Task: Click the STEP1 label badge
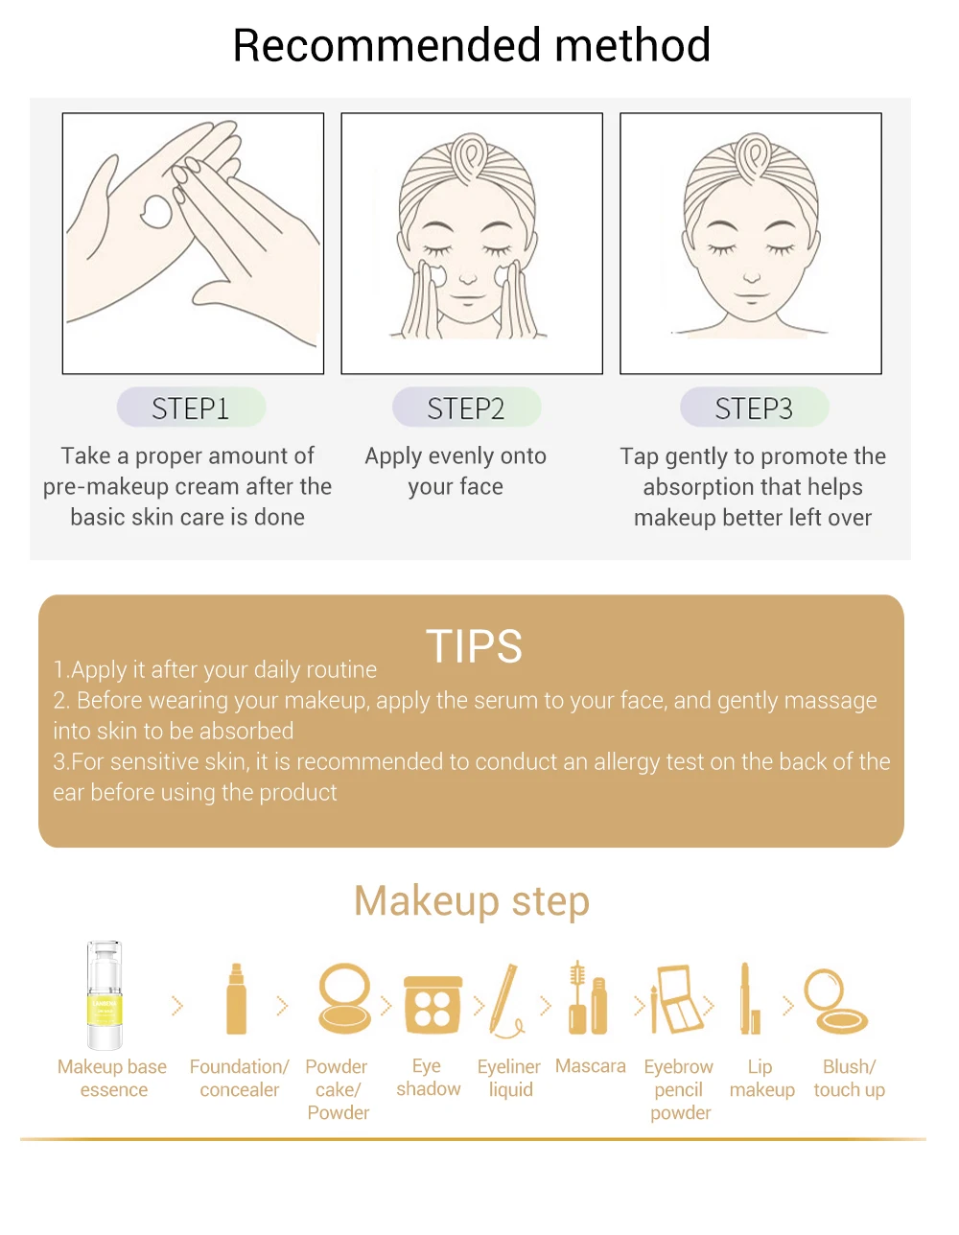191,408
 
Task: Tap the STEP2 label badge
466,408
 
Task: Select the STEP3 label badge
755,408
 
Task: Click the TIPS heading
474,646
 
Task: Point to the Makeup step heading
472,900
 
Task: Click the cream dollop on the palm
156,212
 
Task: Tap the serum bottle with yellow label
105,994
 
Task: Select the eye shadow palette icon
433,1004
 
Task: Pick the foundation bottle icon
236,998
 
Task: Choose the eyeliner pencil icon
505,1000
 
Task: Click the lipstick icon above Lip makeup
749,998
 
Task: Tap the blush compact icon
835,1001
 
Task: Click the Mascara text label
590,1066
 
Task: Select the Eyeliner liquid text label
509,1078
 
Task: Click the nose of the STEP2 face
468,277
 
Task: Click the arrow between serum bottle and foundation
177,1006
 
